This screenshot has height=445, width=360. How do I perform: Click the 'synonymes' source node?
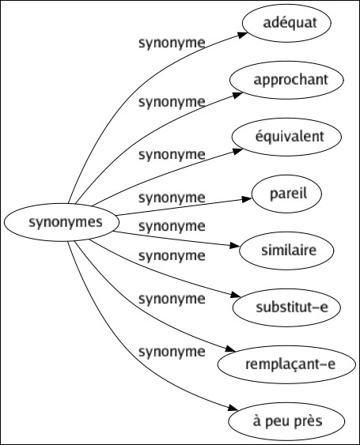point(62,222)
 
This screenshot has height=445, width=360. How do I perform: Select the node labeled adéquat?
point(286,23)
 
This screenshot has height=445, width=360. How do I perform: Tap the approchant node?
point(286,80)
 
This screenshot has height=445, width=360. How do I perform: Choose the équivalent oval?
point(286,137)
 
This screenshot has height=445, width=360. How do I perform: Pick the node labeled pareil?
point(286,194)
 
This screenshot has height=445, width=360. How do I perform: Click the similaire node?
point(286,251)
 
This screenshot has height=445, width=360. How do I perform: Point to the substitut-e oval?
point(286,307)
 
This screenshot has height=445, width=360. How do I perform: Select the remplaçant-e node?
point(286,364)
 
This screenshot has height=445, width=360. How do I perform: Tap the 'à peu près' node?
point(286,421)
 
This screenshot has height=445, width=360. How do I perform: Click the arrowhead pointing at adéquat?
point(242,35)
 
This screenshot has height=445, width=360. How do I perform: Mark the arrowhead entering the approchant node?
point(238,95)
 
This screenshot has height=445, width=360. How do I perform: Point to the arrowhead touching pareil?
point(247,199)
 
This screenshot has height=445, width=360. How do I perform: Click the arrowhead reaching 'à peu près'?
point(233,408)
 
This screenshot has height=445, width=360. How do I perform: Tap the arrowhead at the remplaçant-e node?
point(230,349)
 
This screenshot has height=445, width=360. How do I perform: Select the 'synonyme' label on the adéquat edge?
point(172,43)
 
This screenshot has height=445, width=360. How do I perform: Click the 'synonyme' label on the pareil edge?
point(172,198)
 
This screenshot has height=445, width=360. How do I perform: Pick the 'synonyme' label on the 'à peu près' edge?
point(172,352)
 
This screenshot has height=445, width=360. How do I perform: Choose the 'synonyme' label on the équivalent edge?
point(172,155)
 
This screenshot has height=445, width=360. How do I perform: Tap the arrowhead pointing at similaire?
point(235,246)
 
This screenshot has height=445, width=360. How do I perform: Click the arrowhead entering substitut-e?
point(236,295)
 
